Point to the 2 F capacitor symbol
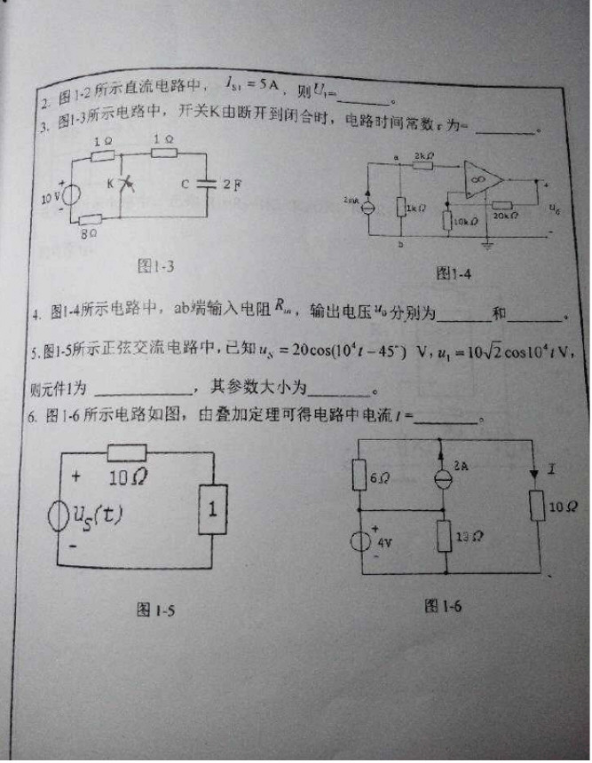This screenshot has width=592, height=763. [206, 185]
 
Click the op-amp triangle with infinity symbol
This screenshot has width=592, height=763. [483, 180]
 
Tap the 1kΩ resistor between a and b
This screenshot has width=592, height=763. [402, 208]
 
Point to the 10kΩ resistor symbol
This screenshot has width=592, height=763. [446, 216]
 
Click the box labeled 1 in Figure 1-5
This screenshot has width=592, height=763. [213, 508]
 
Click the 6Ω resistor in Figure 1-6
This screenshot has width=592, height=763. [359, 476]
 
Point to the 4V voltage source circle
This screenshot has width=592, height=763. [360, 540]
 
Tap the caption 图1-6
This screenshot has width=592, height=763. [443, 605]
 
